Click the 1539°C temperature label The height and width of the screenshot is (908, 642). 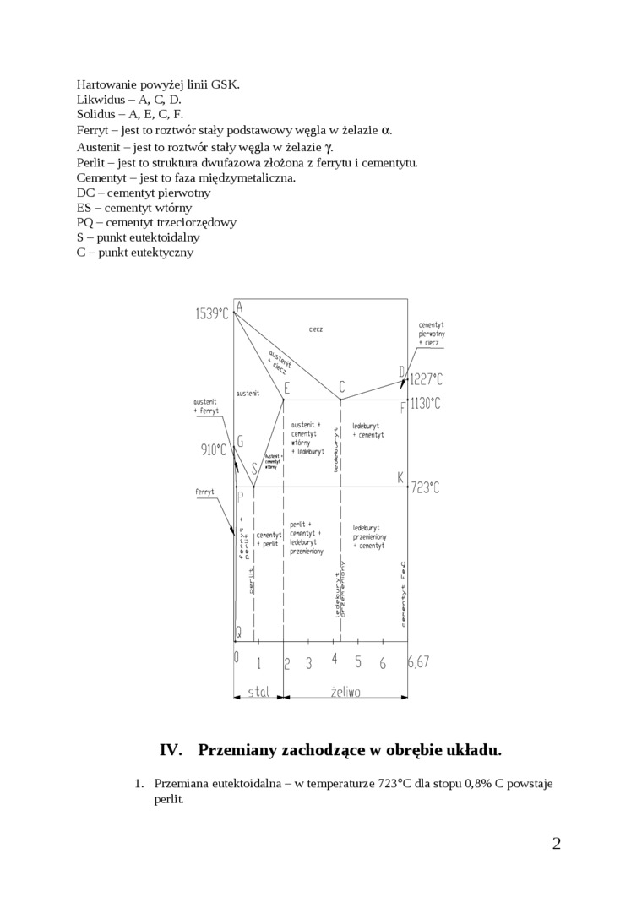[212, 313]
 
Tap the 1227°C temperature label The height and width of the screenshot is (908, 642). [426, 380]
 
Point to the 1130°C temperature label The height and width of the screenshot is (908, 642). [426, 404]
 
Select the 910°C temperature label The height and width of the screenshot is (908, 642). [214, 450]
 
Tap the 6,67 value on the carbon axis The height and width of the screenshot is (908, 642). [419, 662]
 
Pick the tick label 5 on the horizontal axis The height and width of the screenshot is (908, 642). [358, 663]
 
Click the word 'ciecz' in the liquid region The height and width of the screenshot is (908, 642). [316, 329]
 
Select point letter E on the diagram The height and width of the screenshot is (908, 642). [287, 389]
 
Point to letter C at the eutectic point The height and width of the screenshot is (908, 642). [341, 388]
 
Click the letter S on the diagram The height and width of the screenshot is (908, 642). [254, 470]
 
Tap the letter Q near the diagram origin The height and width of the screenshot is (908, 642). [238, 632]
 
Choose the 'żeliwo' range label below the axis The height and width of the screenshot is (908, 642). [345, 693]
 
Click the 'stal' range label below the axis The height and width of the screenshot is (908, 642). [258, 693]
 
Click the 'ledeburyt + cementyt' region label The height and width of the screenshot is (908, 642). [368, 430]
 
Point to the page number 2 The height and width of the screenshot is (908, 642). [556, 843]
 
